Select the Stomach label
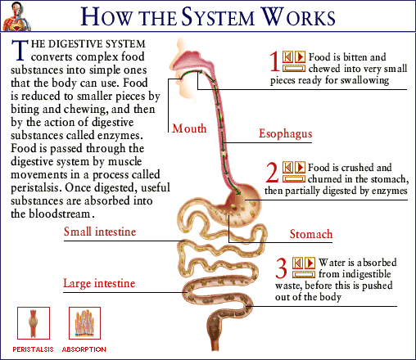[311, 235]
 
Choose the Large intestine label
[99, 283]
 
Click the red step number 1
[274, 62]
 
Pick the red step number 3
[280, 268]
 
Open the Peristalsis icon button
[33, 323]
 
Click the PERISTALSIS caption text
[33, 349]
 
